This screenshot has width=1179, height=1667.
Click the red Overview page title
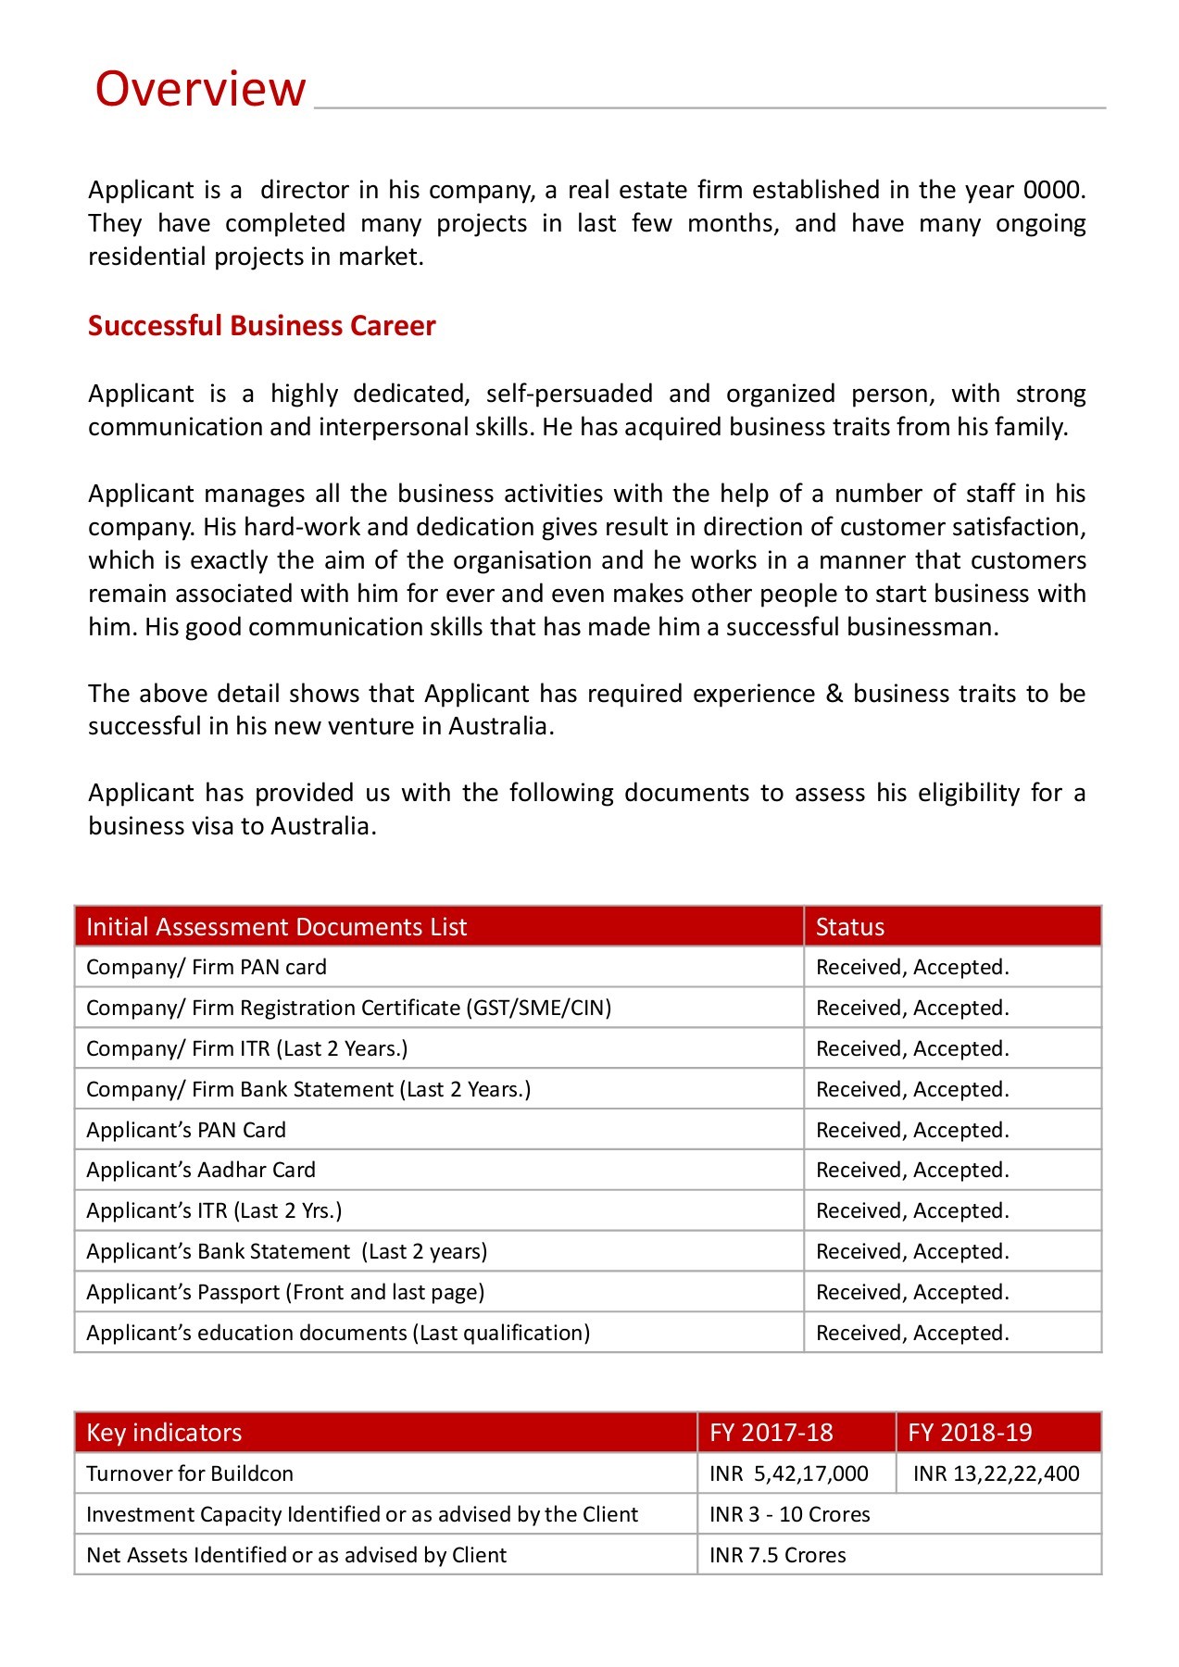(x=200, y=89)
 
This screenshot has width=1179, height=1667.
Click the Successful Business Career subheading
(x=261, y=326)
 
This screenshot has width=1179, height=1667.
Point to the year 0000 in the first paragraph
(x=1051, y=190)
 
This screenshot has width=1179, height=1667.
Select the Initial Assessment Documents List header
(x=276, y=927)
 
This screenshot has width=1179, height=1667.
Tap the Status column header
(x=849, y=927)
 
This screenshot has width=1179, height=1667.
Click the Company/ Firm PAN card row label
(x=206, y=968)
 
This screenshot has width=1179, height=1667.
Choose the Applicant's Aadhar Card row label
(x=200, y=1171)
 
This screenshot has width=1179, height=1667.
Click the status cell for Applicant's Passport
(x=911, y=1293)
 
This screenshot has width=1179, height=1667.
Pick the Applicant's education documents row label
(x=337, y=1334)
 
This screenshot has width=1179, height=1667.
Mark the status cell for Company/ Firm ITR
(x=911, y=1049)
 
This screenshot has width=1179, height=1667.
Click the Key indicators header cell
(x=164, y=1433)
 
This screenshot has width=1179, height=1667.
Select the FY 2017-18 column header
(x=771, y=1433)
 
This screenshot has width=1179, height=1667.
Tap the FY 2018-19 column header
(x=969, y=1433)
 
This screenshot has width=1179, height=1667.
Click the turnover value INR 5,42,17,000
(x=788, y=1474)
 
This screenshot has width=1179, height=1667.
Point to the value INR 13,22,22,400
(x=996, y=1474)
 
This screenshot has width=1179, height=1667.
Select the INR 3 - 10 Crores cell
(x=789, y=1515)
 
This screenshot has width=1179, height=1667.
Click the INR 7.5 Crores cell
(x=777, y=1556)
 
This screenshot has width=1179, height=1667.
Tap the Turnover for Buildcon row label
(x=189, y=1474)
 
